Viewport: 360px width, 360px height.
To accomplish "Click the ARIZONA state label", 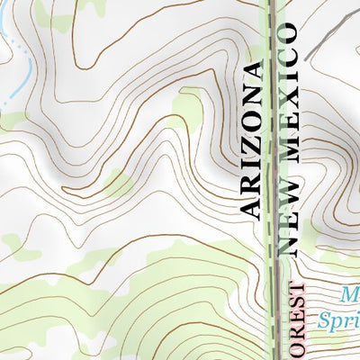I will point(253,141).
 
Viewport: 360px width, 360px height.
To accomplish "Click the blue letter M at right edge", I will point(352,295).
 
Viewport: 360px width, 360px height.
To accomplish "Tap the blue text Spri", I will point(339,319).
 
